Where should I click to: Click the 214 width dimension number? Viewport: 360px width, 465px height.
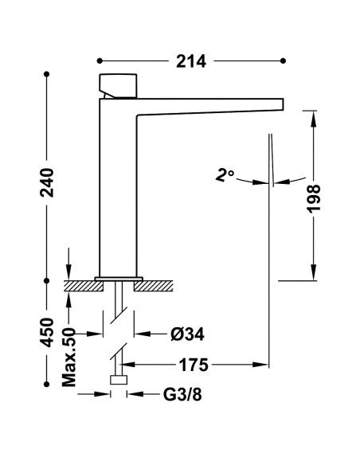pyautogui.click(x=190, y=61)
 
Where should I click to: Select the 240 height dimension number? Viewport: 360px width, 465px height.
pyautogui.click(x=47, y=182)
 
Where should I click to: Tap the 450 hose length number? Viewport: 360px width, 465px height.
pyautogui.click(x=47, y=333)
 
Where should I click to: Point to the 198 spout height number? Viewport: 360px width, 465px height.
pyautogui.click(x=314, y=198)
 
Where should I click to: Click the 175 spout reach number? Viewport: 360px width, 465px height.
pyautogui.click(x=194, y=365)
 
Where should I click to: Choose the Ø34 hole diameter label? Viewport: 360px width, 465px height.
pyautogui.click(x=187, y=334)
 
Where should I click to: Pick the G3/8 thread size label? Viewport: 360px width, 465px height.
pyautogui.click(x=182, y=395)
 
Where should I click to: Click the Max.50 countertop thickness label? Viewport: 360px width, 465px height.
pyautogui.click(x=69, y=357)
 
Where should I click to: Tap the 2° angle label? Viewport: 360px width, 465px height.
pyautogui.click(x=225, y=175)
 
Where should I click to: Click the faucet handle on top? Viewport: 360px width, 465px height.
pyautogui.click(x=118, y=86)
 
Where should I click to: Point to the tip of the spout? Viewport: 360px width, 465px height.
pyautogui.click(x=284, y=104)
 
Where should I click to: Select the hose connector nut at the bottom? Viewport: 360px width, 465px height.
pyautogui.click(x=119, y=380)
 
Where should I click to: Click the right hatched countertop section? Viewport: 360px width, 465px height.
pyautogui.click(x=153, y=286)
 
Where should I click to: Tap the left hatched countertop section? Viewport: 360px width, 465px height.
pyautogui.click(x=84, y=286)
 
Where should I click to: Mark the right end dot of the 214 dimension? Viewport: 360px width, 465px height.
pyautogui.click(x=283, y=61)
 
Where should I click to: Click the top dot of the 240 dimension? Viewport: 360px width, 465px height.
pyautogui.click(x=46, y=74)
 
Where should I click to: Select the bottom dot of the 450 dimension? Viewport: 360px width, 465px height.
pyautogui.click(x=46, y=384)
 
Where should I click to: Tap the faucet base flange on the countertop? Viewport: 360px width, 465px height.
pyautogui.click(x=119, y=279)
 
